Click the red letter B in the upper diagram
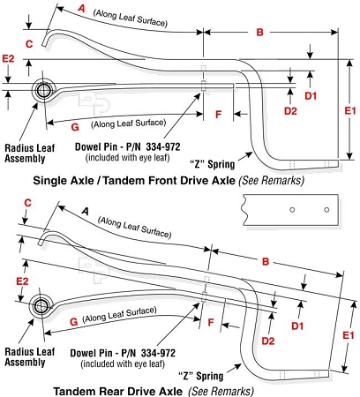[259, 32]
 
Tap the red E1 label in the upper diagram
[350, 111]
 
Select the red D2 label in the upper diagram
[290, 111]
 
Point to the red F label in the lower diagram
[211, 323]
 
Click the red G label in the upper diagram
[75, 127]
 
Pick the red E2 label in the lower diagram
[22, 281]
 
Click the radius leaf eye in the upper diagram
[43, 90]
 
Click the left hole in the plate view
[292, 210]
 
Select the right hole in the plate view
[326, 210]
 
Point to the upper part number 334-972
[163, 146]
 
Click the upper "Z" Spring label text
[213, 164]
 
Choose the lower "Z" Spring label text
[201, 376]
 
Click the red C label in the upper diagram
[29, 44]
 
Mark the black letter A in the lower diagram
[86, 211]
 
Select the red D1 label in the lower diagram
[297, 326]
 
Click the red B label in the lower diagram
[266, 261]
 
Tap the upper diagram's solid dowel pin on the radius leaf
[203, 86]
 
